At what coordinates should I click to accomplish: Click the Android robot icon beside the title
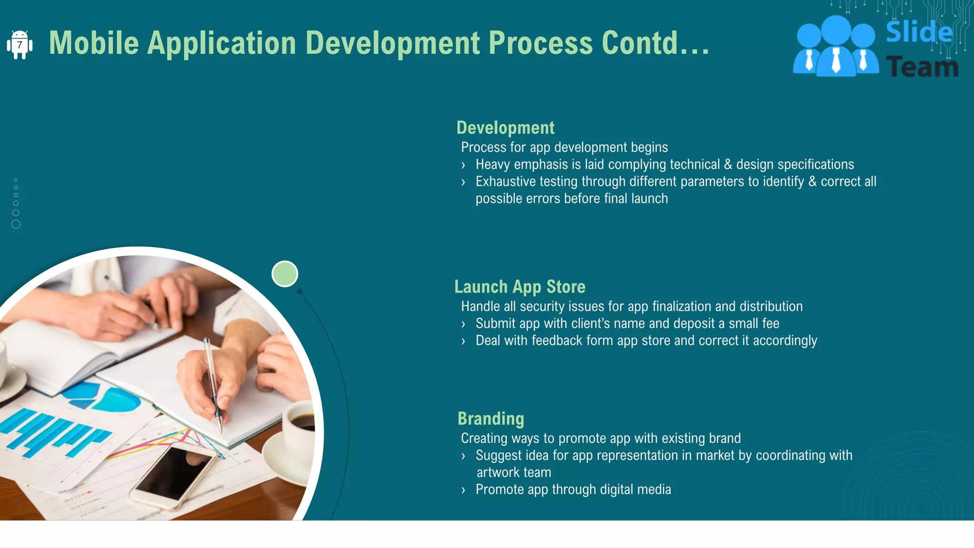point(19,45)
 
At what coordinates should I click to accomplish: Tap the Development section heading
point(505,128)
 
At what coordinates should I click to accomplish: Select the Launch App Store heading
point(519,287)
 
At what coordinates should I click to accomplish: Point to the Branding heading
point(490,419)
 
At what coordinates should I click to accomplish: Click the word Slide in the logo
point(919,32)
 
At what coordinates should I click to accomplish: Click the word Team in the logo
point(922,67)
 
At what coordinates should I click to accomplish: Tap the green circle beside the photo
point(284,274)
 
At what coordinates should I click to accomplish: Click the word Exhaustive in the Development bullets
point(506,182)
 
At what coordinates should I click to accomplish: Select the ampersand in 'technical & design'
point(728,165)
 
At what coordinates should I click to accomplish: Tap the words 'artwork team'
point(514,472)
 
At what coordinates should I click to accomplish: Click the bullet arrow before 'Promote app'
point(463,490)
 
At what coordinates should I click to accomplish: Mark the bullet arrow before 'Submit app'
point(463,324)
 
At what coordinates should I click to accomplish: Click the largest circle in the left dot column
point(16,224)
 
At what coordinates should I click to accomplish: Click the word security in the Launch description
point(542,306)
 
